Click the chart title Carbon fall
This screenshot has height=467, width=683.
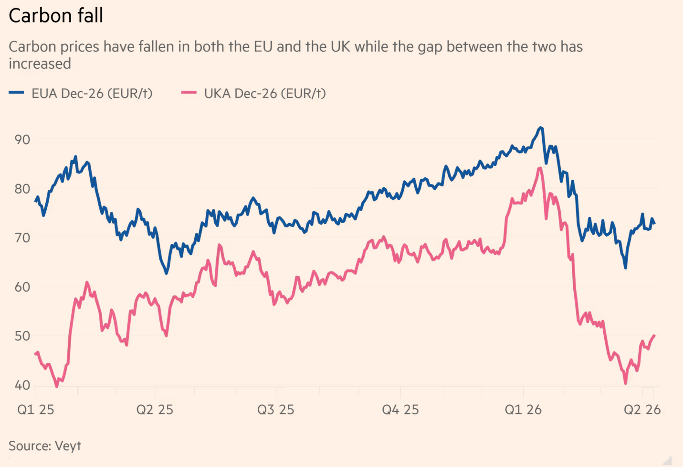coord(56,16)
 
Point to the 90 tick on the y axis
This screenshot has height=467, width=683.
coord(22,140)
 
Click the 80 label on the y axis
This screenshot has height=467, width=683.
coord(22,189)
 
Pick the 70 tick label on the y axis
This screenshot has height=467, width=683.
coord(22,238)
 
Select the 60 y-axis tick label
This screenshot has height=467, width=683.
coord(22,287)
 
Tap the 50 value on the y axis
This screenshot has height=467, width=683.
coord(22,336)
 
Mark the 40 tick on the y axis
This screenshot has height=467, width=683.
coord(22,385)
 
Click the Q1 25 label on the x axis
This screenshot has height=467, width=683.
coord(36,410)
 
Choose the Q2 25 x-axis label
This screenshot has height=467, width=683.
coord(155,410)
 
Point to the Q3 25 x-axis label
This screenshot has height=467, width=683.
coord(275,410)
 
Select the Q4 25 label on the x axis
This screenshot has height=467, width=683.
coord(400,410)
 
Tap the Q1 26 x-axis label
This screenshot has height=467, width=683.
coord(523,410)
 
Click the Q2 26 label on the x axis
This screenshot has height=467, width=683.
coord(642,410)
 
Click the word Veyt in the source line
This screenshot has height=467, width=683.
coord(68,446)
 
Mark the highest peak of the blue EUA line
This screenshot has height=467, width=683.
coord(540,128)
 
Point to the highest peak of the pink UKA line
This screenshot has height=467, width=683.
coord(540,168)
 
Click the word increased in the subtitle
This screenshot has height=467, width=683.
coord(40,64)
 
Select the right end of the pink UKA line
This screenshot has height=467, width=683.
coord(654,336)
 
